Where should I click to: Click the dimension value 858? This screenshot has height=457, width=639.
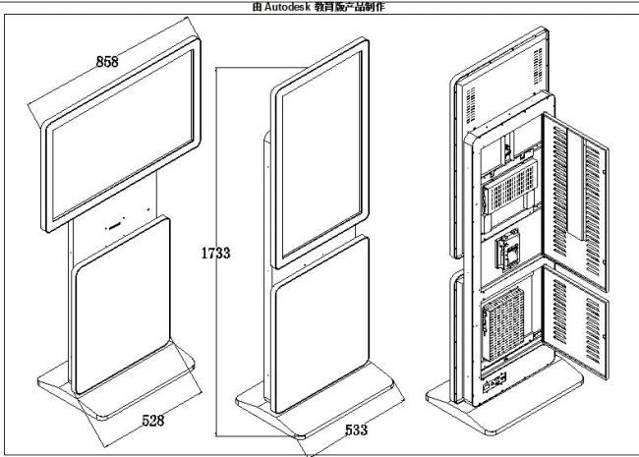pyautogui.click(x=107, y=62)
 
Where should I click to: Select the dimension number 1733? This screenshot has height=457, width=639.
pyautogui.click(x=215, y=253)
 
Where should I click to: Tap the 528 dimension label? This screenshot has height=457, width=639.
pyautogui.click(x=152, y=420)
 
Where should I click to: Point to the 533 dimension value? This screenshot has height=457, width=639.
pyautogui.click(x=356, y=429)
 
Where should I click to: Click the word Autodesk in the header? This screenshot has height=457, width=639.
pyautogui.click(x=287, y=7)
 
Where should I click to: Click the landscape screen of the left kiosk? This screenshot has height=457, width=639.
pyautogui.click(x=121, y=135)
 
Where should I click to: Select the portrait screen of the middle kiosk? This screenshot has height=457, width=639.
pyautogui.click(x=321, y=153)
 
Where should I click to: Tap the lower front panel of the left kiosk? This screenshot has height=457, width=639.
pyautogui.click(x=122, y=306)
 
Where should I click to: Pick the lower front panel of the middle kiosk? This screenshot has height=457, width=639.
pyautogui.click(x=321, y=323)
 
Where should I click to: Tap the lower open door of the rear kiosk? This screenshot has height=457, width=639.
pyautogui.click(x=575, y=321)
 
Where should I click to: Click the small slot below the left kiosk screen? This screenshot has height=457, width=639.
pyautogui.click(x=114, y=225)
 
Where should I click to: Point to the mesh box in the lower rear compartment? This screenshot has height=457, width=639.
pyautogui.click(x=503, y=323)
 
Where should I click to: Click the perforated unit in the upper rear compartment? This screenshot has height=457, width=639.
pyautogui.click(x=509, y=187)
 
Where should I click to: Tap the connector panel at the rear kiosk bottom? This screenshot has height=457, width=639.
pyautogui.click(x=494, y=383)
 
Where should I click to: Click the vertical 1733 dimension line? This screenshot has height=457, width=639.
pyautogui.click(x=216, y=252)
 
